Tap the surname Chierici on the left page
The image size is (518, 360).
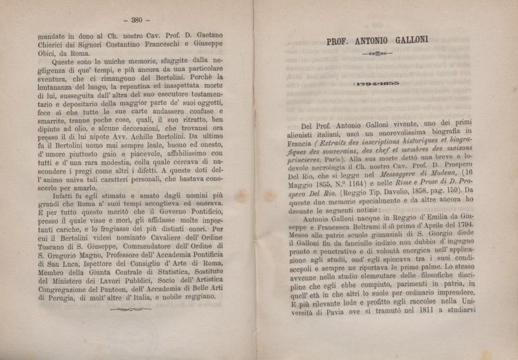pos(52,43)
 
